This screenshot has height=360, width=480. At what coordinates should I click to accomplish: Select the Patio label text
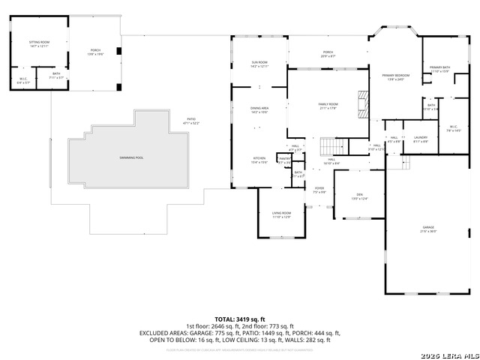pos(191,120)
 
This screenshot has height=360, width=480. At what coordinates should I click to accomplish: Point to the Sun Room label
pos(259,64)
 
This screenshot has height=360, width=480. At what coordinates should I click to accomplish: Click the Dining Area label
pos(259,110)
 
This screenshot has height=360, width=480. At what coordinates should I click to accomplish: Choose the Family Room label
pos(328,105)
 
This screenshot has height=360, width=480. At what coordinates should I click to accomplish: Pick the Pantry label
pos(285,160)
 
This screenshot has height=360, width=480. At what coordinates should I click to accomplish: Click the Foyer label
pos(319,190)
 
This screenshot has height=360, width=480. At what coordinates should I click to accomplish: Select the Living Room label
pos(281,214)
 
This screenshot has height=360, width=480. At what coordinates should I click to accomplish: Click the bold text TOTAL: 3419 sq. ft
pos(240,319)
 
